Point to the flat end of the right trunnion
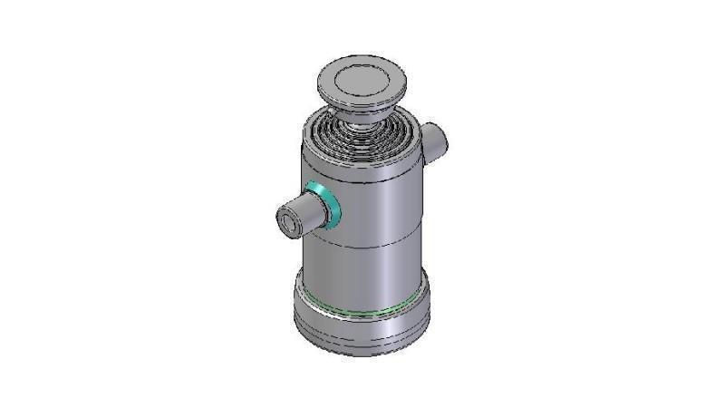tap(441, 141)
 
